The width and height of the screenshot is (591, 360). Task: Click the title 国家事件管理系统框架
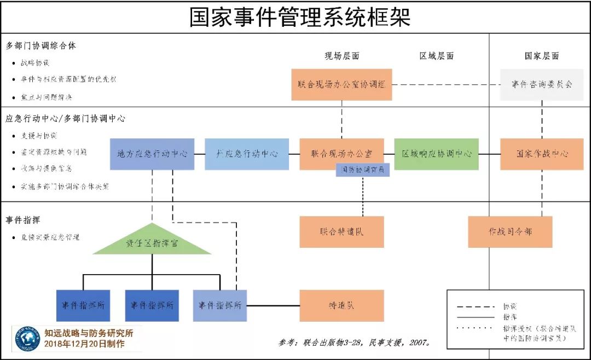point(300,17)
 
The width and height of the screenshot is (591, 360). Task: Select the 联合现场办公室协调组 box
point(341,84)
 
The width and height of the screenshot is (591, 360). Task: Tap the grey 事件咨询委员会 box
point(542,84)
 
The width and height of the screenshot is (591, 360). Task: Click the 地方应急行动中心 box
point(152,154)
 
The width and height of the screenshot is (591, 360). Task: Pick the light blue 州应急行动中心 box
point(247,154)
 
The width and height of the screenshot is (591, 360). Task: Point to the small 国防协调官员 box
point(363,170)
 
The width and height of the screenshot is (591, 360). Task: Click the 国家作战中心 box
point(542,154)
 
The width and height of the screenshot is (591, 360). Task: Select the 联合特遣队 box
point(341,231)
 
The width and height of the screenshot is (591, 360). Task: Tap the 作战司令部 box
point(510,231)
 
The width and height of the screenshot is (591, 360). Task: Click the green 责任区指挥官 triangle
point(152,242)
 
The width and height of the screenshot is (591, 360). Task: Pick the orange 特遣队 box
point(341,305)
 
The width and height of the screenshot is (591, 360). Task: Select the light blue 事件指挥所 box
point(220,305)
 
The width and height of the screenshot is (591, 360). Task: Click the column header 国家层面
point(542,56)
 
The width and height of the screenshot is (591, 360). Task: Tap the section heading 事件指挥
point(23,220)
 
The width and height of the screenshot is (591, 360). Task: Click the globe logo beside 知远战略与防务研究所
point(27,339)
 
